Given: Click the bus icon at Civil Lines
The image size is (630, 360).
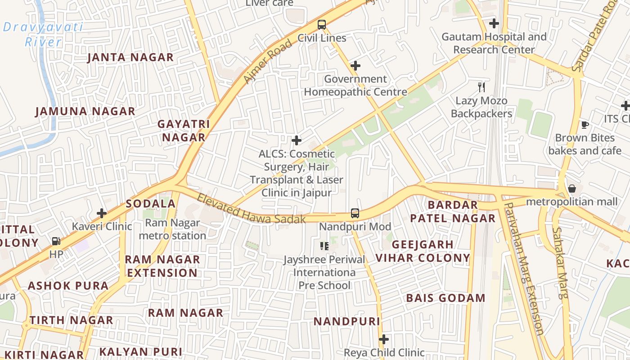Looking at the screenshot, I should tap(321, 25).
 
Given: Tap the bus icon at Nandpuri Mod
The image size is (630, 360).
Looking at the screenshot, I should tap(355, 213).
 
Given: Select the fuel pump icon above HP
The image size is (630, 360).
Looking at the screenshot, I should tap(56, 242).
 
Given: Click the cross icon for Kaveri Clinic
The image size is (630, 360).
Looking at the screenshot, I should tap(102, 213).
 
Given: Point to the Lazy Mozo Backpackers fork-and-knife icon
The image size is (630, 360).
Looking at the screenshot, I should tap(481, 87).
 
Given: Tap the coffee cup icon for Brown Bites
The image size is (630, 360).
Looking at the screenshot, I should tap(585, 125).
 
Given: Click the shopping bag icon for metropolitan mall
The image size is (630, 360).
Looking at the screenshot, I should tap(571, 189).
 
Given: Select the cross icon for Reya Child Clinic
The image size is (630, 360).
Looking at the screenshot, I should tap(384, 339).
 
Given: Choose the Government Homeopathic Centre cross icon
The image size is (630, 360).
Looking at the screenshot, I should tap(355, 66).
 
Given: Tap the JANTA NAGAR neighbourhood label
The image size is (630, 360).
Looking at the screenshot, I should tap(130, 57).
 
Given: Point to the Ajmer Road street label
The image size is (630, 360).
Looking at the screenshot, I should tap(267, 62).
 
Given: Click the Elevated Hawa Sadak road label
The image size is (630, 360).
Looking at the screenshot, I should tap(251, 209).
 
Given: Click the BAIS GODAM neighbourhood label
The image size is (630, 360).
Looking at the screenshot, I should tap(445, 298).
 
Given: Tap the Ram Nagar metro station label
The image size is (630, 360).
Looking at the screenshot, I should tap(172, 229).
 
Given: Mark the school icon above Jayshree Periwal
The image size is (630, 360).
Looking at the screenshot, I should tap(324, 246).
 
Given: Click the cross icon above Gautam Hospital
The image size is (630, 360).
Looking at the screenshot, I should tap(494, 23).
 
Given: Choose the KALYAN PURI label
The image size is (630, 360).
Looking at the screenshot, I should tap(140, 352).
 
